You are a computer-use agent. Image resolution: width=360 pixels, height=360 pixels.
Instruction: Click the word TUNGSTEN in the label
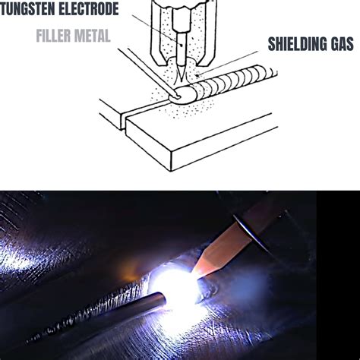(x=30, y=10)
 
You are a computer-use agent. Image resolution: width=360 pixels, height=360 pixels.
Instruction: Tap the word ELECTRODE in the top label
(x=89, y=10)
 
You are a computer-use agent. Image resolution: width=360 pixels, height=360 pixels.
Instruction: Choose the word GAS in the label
(x=341, y=45)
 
